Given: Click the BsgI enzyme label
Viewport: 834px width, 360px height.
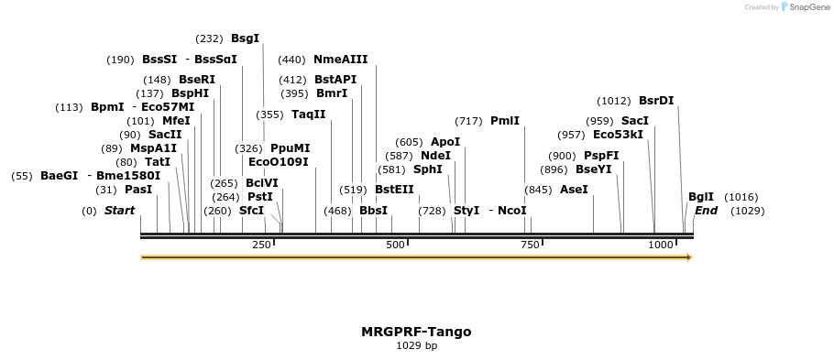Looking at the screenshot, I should point(245,38).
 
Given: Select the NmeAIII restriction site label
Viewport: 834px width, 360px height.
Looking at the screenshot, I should point(340,60).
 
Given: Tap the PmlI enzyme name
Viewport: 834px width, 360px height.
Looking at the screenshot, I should point(505,121).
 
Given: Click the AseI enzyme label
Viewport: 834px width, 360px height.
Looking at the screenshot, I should point(574,190).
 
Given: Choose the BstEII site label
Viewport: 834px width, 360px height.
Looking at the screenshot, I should point(394,190).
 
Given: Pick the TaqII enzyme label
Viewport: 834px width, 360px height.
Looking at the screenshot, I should point(308,115).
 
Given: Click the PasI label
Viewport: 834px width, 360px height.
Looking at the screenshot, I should point(138,190).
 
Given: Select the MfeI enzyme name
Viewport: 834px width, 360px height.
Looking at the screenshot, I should point(176,121).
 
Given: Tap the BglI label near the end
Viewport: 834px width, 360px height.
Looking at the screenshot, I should point(701,197).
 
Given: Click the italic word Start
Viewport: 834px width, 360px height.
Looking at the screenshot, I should point(119,211).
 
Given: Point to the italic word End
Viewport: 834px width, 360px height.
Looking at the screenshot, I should point(706,211).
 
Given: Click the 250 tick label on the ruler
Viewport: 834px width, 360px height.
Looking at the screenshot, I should point(261,245).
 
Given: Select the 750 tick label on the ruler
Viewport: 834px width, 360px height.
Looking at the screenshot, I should point(530,245).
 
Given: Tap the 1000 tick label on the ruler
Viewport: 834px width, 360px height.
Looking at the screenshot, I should point(661,245).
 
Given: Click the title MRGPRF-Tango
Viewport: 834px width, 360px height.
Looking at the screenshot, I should point(416,332).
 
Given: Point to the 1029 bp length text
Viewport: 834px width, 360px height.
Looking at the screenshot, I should point(416,346).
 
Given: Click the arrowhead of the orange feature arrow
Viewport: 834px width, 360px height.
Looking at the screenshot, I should point(688,257).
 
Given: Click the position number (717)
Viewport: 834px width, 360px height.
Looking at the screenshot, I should point(468,121).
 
